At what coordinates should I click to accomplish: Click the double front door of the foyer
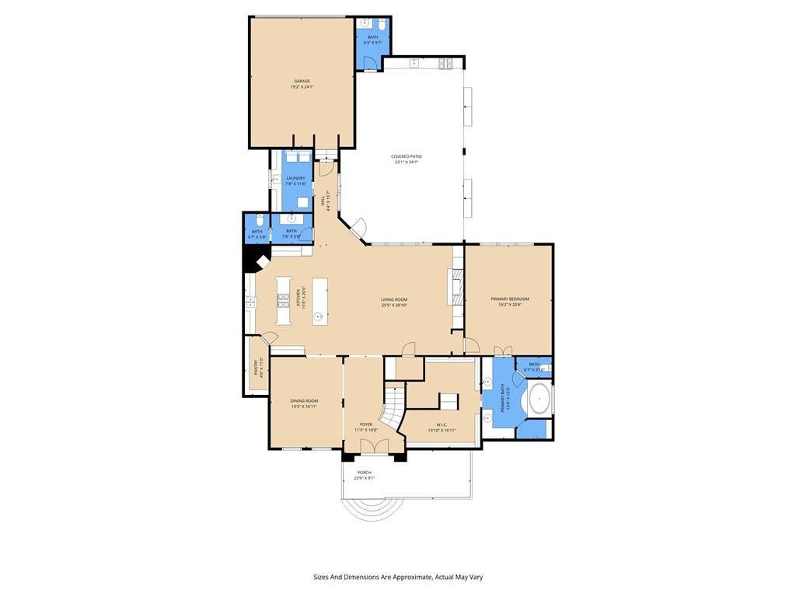(x=375, y=446)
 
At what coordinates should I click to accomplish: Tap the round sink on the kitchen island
(x=318, y=316)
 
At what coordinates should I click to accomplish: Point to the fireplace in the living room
(x=455, y=288)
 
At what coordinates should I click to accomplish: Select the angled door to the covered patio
(x=358, y=229)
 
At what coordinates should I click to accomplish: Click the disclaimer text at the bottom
(x=398, y=577)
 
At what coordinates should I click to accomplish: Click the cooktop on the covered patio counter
(x=446, y=62)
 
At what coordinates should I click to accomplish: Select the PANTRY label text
(x=260, y=367)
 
